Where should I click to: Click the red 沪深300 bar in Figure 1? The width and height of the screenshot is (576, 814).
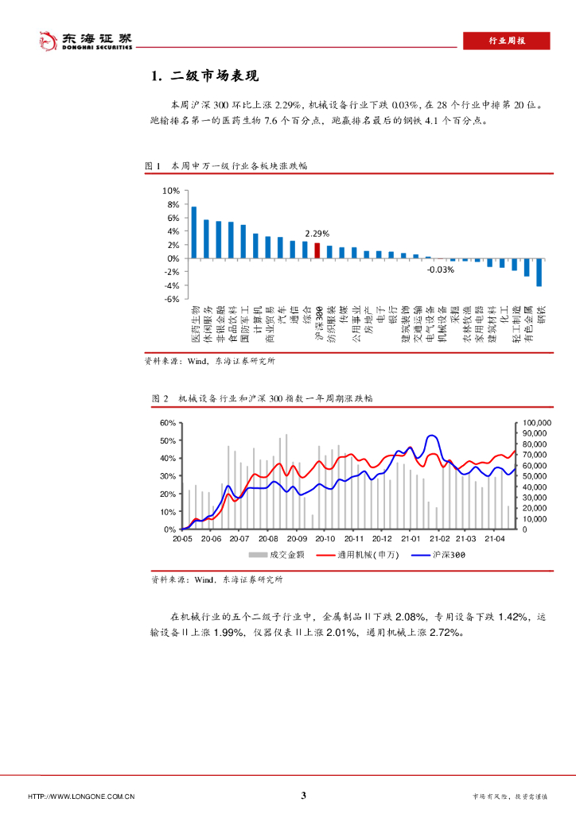pyautogui.click(x=317, y=250)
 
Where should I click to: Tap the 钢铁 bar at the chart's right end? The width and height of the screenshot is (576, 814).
pyautogui.click(x=539, y=272)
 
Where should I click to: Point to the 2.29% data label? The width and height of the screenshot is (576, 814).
pyautogui.click(x=317, y=234)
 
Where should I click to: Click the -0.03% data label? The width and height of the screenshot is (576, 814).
pyautogui.click(x=440, y=269)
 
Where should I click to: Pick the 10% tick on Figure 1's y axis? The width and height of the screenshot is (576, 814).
pyautogui.click(x=170, y=191)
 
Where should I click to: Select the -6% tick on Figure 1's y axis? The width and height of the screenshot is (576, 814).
pyautogui.click(x=170, y=299)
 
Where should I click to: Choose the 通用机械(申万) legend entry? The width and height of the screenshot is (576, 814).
pyautogui.click(x=364, y=554)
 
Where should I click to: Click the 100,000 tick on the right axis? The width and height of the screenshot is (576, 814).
pyautogui.click(x=535, y=423)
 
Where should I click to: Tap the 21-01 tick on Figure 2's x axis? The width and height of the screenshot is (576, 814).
pyautogui.click(x=410, y=538)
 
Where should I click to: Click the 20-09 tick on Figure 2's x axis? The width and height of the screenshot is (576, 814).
pyautogui.click(x=296, y=538)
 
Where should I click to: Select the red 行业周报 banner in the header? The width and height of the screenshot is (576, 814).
pyautogui.click(x=506, y=41)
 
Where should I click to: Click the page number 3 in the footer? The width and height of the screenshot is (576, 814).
pyautogui.click(x=303, y=795)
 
